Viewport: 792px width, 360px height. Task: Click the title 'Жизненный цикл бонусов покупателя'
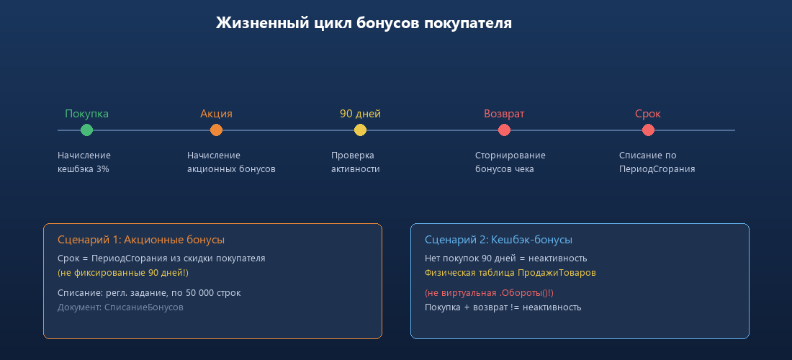coord(364,23)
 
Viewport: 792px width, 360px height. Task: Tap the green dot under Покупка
coord(86,130)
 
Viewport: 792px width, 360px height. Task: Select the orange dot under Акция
coord(216,130)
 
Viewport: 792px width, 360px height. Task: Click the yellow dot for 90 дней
coord(360,130)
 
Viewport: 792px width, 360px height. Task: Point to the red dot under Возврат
coord(504,130)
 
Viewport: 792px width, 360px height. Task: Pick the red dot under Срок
coord(648,130)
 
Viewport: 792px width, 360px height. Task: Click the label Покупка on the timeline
coord(86,114)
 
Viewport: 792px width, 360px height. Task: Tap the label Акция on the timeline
coord(216,114)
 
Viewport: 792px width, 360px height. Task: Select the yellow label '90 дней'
coord(360,114)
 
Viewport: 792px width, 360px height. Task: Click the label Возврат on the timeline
coord(504,114)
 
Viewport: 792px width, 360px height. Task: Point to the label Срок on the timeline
coord(648,114)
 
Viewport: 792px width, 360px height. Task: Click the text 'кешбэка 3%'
coord(83,169)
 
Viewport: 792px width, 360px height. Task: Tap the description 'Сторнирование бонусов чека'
coord(510,162)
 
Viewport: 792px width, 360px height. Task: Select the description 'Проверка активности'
coord(355,162)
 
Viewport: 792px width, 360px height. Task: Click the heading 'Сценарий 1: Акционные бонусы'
coord(140,240)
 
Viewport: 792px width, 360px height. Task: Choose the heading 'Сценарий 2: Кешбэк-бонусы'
coord(498,240)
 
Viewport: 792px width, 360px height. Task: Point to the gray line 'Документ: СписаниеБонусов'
coord(120,307)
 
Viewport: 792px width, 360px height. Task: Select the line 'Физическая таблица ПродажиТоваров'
coord(510,273)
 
